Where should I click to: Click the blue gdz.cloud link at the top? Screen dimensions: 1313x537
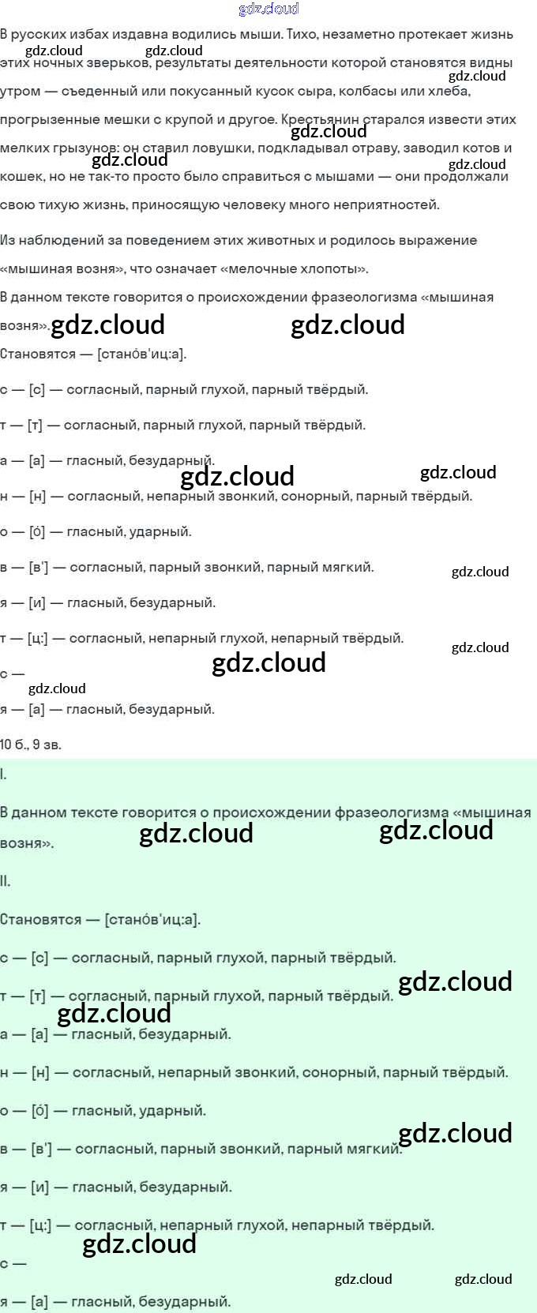(x=268, y=9)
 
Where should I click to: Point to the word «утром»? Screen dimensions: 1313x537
(x=20, y=92)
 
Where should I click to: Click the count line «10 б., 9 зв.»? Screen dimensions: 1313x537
(x=31, y=745)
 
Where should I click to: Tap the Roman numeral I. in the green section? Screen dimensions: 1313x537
(x=4, y=775)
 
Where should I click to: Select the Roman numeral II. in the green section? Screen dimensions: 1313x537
(x=6, y=882)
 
